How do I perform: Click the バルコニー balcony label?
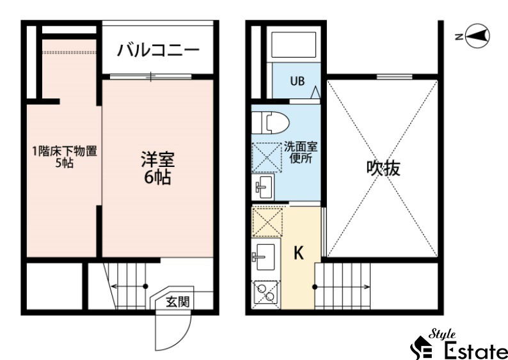[x=158, y=51]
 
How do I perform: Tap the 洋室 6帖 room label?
[x=158, y=168]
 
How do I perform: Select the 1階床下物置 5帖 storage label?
[x=65, y=157]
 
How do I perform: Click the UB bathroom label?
[x=297, y=81]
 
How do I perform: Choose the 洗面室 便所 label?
[x=301, y=152]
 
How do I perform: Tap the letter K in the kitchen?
[x=298, y=253]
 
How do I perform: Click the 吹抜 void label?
[x=383, y=168]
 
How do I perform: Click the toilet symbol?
[x=271, y=123]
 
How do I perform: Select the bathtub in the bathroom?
[x=294, y=45]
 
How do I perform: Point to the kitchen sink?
[x=264, y=257]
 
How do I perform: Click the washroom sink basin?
[x=263, y=187]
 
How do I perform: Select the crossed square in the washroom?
[x=267, y=157]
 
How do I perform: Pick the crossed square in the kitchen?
[x=267, y=222]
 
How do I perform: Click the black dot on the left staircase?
[x=145, y=286]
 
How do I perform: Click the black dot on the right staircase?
[x=315, y=287]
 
